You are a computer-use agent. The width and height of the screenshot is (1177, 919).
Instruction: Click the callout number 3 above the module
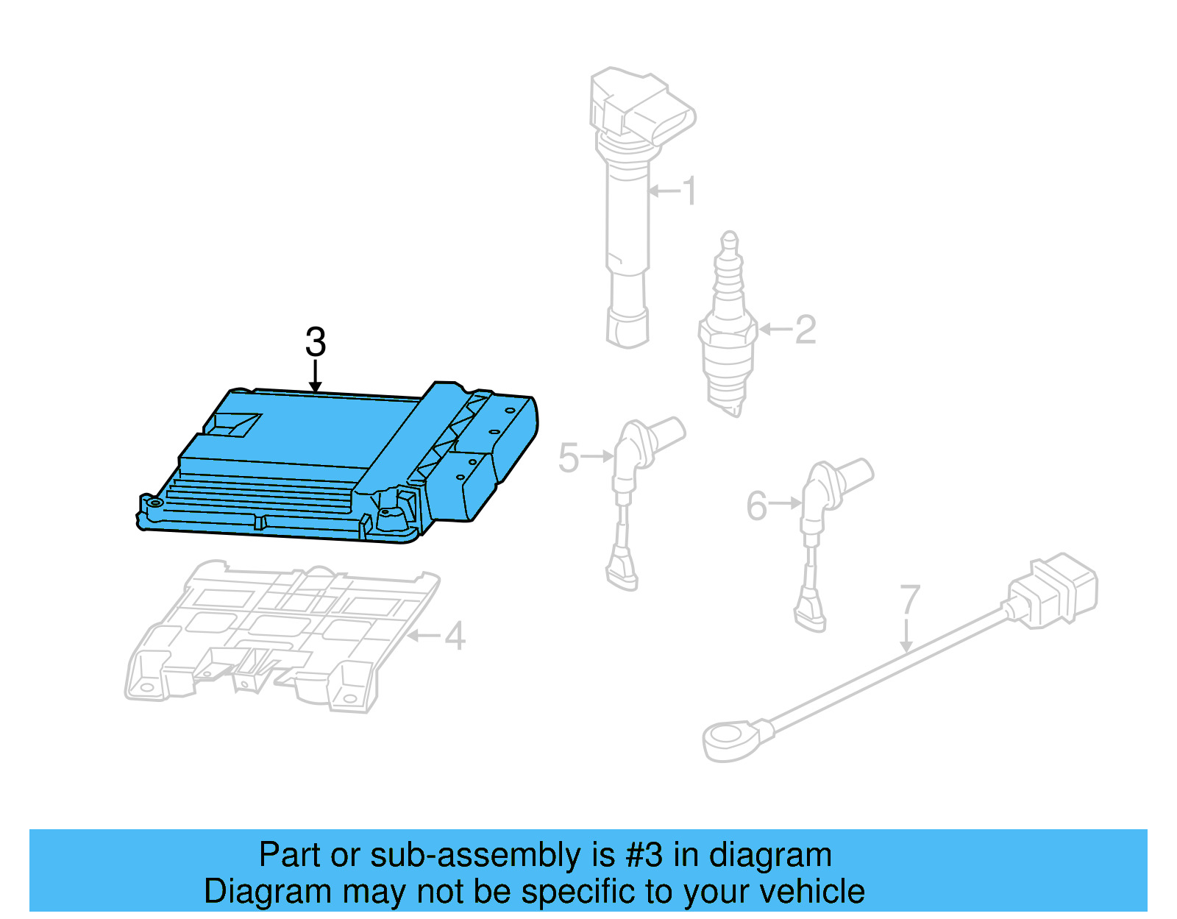point(316,342)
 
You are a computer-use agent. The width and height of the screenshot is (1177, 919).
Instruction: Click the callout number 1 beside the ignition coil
point(689,191)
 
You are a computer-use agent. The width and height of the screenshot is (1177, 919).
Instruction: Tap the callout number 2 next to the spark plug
point(806,330)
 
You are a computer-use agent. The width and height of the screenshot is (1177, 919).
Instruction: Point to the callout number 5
point(569,458)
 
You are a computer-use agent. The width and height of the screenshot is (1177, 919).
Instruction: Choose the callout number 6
point(756,505)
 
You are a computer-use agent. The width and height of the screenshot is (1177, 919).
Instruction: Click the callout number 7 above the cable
point(910,599)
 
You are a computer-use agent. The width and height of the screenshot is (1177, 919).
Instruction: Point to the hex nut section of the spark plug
point(727,330)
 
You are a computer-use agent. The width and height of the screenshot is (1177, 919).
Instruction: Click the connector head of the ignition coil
point(642,107)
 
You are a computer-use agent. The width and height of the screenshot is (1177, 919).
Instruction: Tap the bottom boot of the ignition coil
point(627,327)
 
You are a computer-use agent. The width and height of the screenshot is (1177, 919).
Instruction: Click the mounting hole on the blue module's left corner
point(155,503)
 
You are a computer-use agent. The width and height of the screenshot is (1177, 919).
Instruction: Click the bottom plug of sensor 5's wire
point(622,574)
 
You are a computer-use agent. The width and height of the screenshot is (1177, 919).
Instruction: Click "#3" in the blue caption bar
point(644,856)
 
